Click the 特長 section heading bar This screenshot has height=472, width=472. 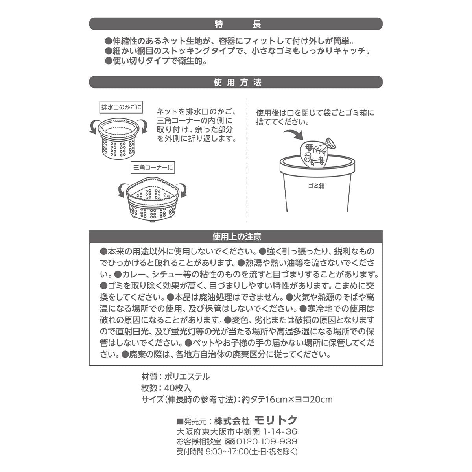tap(236, 24)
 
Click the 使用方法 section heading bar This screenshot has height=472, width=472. tap(236, 82)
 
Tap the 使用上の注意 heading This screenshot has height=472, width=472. tap(236, 237)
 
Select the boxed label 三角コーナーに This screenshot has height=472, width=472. tap(153, 168)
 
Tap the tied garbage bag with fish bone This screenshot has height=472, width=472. tap(315, 153)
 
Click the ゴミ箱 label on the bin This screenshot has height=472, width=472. tap(316, 186)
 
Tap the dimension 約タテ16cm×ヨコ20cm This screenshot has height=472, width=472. tap(287, 400)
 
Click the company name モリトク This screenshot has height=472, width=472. tap(275, 420)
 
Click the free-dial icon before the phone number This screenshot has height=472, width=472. tap(230, 441)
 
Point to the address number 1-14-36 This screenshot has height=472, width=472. tap(280, 431)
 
